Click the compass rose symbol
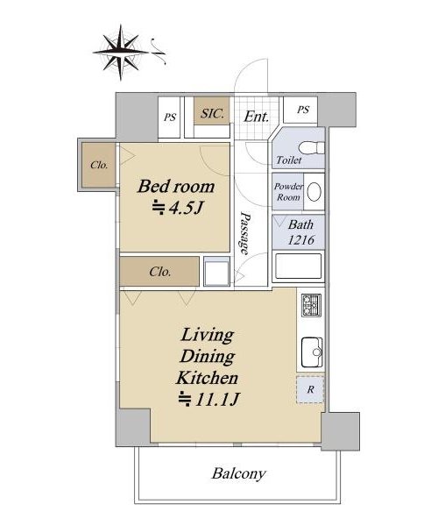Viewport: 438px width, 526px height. pyautogui.click(x=121, y=53)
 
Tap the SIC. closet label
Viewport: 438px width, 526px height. pyautogui.click(x=212, y=113)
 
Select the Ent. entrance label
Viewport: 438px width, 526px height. pyautogui.click(x=257, y=117)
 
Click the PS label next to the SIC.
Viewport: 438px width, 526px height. pyautogui.click(x=170, y=117)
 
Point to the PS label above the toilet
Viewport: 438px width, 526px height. pyautogui.click(x=303, y=110)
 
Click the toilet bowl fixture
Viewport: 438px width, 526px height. pyautogui.click(x=311, y=147)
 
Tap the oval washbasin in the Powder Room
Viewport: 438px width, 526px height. pyautogui.click(x=314, y=192)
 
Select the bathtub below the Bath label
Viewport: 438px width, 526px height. pyautogui.click(x=298, y=267)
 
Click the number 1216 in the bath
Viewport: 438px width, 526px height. pyautogui.click(x=301, y=240)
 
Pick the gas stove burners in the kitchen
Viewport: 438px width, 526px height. pyautogui.click(x=311, y=305)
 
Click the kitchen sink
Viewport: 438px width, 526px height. pyautogui.click(x=312, y=352)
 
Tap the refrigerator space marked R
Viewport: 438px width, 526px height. pyautogui.click(x=310, y=389)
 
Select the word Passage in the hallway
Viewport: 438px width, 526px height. pyautogui.click(x=245, y=233)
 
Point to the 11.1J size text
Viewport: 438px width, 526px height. pyautogui.click(x=208, y=399)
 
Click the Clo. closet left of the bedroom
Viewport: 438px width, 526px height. pyautogui.click(x=99, y=165)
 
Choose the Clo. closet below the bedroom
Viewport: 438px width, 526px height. pyautogui.click(x=159, y=272)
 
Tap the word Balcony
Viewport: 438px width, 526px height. pyautogui.click(x=238, y=473)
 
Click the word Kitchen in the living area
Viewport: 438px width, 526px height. pyautogui.click(x=207, y=378)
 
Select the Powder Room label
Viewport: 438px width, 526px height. pyautogui.click(x=288, y=191)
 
